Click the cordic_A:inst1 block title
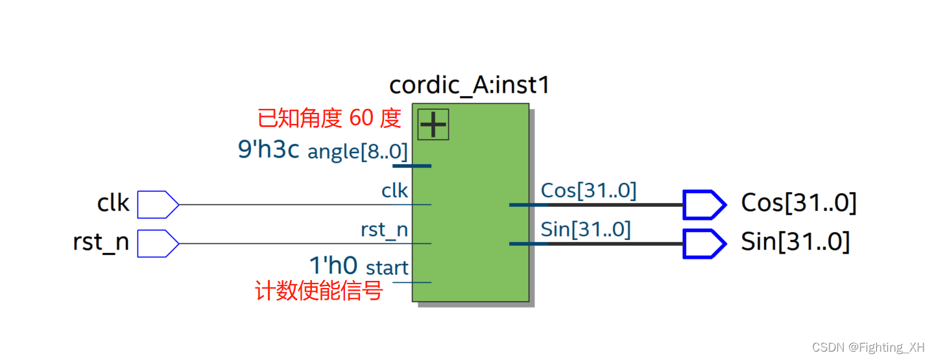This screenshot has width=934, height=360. [x=469, y=85]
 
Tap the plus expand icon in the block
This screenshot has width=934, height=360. [x=433, y=124]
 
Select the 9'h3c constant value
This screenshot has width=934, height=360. [x=269, y=150]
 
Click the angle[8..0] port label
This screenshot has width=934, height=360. [x=357, y=152]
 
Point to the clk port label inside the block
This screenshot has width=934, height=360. [x=394, y=191]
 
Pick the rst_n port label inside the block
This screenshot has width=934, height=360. [x=384, y=230]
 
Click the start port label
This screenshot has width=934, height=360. [x=387, y=267]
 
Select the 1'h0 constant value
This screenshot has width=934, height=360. [x=333, y=266]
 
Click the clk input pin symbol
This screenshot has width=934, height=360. [x=158, y=204]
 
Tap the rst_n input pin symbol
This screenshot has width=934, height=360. [x=158, y=243]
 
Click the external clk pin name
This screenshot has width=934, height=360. [x=114, y=204]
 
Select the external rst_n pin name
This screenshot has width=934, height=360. [x=101, y=243]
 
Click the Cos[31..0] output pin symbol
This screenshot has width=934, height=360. [x=704, y=204]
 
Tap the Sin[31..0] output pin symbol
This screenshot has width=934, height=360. [x=704, y=243]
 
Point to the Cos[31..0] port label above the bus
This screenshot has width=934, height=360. [x=588, y=191]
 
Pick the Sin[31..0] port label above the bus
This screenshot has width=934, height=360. [x=585, y=230]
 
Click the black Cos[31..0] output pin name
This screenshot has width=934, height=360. [x=798, y=203]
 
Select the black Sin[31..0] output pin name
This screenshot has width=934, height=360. [x=795, y=242]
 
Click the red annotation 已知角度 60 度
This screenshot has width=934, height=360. [x=329, y=119]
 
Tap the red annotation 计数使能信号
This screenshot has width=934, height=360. [x=319, y=291]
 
